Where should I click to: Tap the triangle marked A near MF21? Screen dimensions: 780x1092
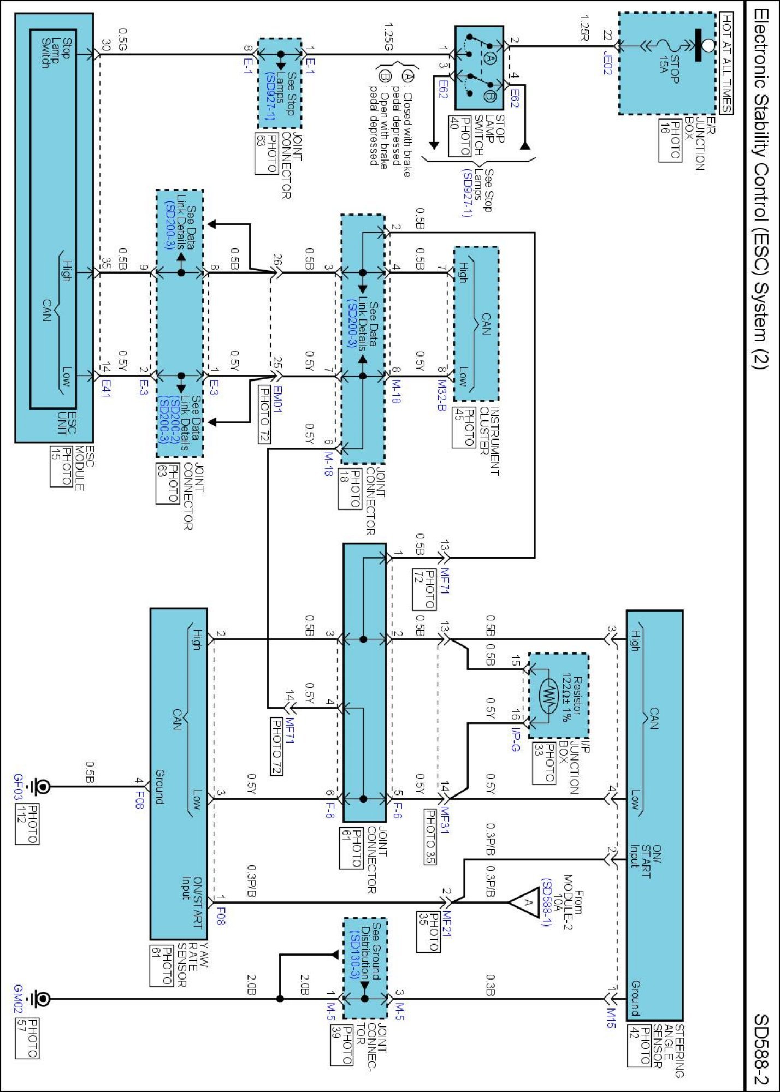[x=524, y=902]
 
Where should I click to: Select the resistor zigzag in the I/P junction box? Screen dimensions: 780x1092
[x=548, y=695]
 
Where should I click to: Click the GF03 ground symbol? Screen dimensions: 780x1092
[x=39, y=786]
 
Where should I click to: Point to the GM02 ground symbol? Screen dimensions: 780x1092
[x=39, y=999]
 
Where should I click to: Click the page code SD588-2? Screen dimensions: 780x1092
[x=761, y=1049]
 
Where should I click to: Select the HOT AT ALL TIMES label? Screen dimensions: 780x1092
[x=726, y=63]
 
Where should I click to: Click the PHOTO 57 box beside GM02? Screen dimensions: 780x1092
[x=27, y=1037]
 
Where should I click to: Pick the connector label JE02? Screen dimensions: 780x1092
[x=607, y=62]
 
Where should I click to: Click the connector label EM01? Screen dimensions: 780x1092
[x=277, y=399]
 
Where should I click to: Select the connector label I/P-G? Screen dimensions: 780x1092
[x=515, y=739]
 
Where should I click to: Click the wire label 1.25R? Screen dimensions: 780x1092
[x=584, y=28]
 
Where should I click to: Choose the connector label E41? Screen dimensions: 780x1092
[x=105, y=387]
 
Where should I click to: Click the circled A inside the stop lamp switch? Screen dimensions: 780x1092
[x=489, y=58]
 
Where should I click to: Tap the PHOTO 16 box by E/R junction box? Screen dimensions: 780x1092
[x=670, y=140]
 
